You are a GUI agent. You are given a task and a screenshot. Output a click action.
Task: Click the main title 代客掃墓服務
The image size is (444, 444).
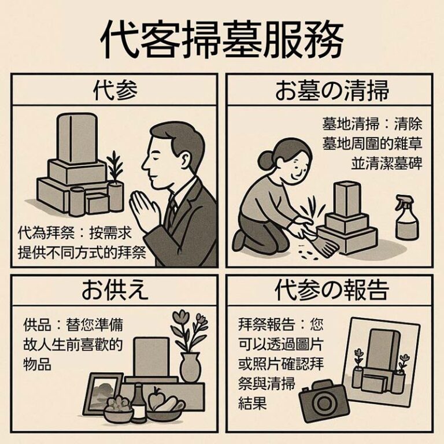(x=222, y=39)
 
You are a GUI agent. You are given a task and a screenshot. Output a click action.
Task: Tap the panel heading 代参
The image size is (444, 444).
(x=114, y=91)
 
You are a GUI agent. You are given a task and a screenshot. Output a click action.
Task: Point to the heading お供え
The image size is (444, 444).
(x=114, y=291)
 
